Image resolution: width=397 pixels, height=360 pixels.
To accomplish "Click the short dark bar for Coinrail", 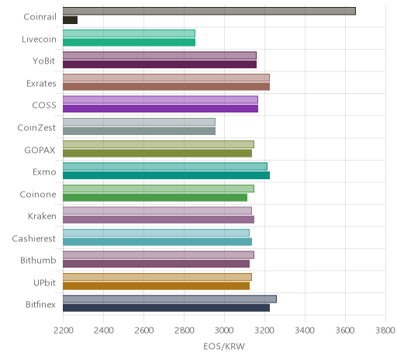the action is pos(70,20).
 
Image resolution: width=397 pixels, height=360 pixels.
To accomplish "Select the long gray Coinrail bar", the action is pos(209,11).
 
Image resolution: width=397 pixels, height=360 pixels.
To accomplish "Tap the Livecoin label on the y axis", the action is pos(39,40).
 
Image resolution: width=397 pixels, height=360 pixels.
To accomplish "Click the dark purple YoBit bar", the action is pos(160,64).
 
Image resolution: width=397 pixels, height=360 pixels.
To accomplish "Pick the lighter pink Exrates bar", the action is pos(166,78).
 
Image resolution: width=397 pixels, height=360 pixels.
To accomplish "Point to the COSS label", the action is pos(44,106).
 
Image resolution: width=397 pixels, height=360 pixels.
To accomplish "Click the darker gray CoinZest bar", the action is pos(139,131).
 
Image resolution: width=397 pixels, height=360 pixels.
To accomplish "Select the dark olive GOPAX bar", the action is pos(157,153).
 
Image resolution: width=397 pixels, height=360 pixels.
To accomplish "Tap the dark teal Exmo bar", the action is pos(166,175).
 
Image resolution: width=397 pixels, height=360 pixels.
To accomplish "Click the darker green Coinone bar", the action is pos(155,197).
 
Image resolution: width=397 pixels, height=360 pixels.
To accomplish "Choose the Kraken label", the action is pos(42,216).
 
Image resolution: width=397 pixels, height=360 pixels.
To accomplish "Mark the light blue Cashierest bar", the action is pos(156,233).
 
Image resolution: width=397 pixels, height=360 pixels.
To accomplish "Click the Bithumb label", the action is pos(38,260).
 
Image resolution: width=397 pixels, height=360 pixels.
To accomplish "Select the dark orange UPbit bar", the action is pos(156,286).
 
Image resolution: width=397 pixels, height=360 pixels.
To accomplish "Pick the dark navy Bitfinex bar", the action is pos(166,308).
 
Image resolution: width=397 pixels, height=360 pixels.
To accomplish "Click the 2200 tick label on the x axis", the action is pos(64,331).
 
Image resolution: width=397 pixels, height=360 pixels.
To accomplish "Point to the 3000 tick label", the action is pos(225,331).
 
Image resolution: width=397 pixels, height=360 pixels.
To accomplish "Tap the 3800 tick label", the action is pos(385,331).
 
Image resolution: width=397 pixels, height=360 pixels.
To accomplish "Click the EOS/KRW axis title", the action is pos(224,346).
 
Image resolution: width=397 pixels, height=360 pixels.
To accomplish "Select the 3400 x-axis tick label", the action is pos(305,331).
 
